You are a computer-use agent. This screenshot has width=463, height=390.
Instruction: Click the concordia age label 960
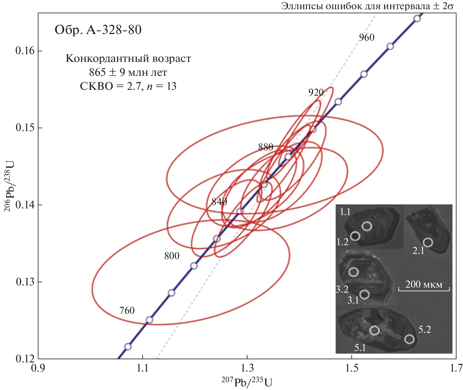(367, 37)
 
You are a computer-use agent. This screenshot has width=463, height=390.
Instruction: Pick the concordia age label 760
(127, 310)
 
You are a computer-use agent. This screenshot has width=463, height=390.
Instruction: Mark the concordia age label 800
(172, 256)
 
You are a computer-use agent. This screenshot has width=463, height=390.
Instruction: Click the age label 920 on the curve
(316, 92)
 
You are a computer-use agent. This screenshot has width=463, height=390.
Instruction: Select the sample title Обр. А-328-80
(98, 30)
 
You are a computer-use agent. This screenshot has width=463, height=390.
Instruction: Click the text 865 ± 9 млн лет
(128, 73)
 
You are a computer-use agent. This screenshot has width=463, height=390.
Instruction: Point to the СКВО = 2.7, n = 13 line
(128, 86)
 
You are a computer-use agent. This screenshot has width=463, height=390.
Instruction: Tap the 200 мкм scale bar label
(424, 284)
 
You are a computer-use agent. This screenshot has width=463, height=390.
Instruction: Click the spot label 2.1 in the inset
(418, 251)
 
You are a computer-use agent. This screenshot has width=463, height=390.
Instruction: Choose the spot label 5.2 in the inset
(425, 329)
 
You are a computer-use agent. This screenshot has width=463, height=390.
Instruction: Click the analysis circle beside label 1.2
(355, 236)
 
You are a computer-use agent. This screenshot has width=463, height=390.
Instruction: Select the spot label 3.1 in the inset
(353, 300)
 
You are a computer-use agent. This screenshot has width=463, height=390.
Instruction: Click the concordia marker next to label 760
(149, 320)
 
